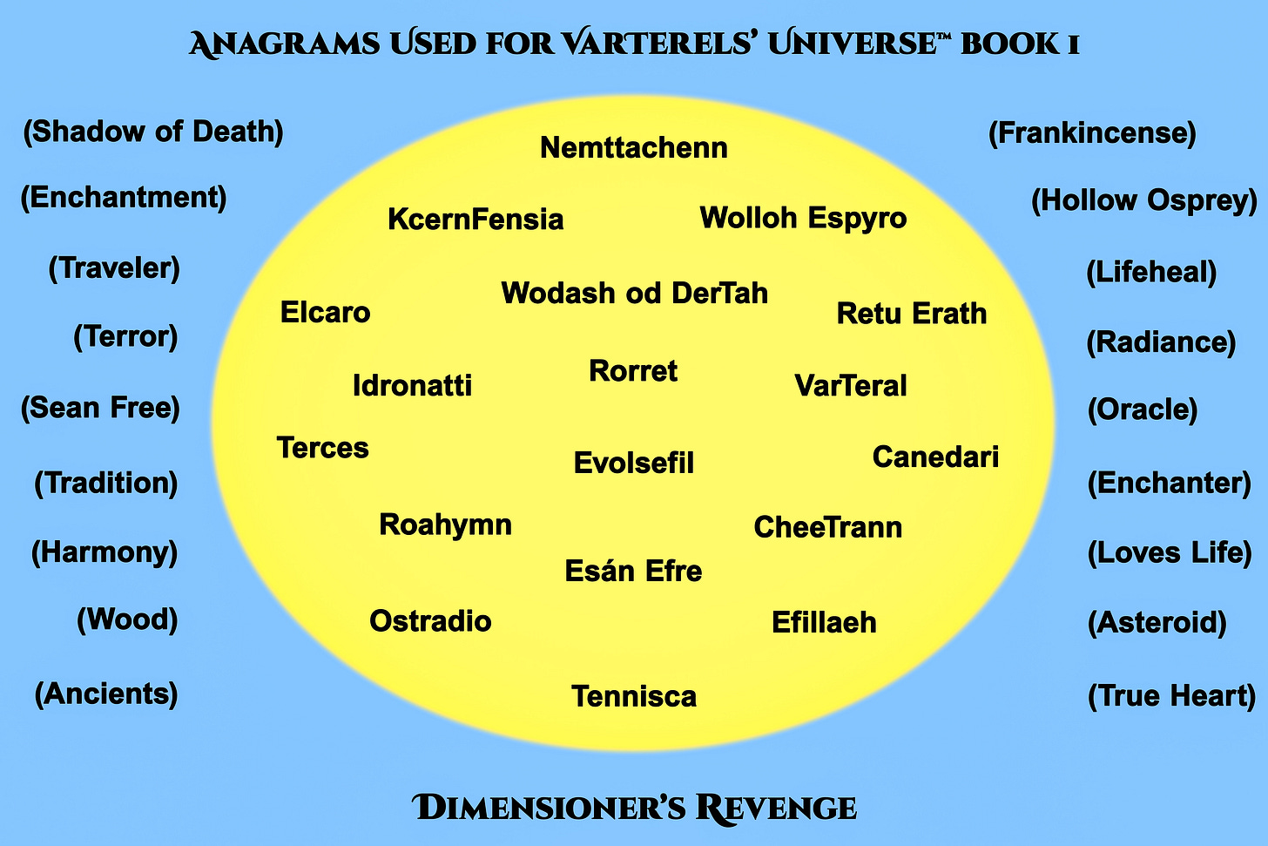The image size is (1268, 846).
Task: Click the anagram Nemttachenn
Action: tap(633, 148)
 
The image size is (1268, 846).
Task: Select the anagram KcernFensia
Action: tap(475, 220)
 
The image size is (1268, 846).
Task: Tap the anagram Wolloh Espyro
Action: tap(803, 218)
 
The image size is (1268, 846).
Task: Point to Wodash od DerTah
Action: tap(634, 294)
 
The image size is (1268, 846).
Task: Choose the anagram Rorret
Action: tap(633, 371)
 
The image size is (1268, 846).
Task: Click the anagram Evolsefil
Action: tap(633, 463)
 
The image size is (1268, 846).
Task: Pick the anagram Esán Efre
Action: tap(633, 572)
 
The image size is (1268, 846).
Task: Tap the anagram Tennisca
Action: tap(633, 697)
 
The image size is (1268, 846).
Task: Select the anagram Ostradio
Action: tap(430, 621)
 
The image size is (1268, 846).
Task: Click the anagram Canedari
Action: tap(935, 457)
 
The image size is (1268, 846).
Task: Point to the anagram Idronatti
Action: tap(412, 386)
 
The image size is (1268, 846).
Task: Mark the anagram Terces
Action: tap(322, 448)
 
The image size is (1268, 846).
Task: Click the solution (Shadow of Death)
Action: tap(153, 132)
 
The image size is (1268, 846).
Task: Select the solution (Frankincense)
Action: tap(1092, 133)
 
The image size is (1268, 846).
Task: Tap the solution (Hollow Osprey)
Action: tap(1144, 200)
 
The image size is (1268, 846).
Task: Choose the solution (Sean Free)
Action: tap(100, 408)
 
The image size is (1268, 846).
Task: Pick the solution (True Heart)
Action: tap(1171, 696)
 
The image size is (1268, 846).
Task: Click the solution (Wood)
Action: tap(127, 620)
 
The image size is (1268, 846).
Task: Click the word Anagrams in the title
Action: tap(284, 44)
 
